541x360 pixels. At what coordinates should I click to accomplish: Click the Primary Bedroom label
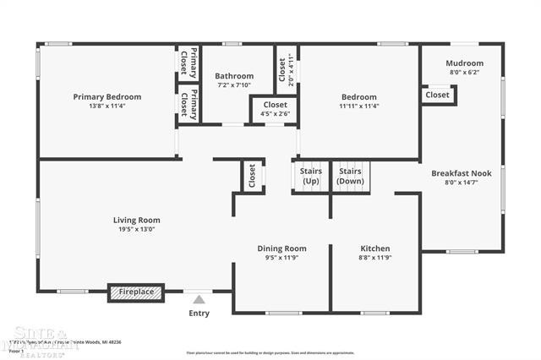[x=107, y=96]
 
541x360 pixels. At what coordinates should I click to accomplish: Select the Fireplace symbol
[x=136, y=292]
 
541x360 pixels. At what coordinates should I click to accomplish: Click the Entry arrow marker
[x=199, y=299]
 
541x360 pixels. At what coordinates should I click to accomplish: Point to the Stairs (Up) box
[x=310, y=176]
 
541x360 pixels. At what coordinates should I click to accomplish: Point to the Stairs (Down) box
[x=350, y=176]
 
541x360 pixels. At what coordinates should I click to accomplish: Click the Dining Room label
[x=281, y=248]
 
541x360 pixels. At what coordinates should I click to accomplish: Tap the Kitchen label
[x=374, y=248]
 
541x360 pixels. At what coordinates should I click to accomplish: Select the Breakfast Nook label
[x=462, y=172]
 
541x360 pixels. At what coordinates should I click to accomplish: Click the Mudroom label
[x=464, y=63]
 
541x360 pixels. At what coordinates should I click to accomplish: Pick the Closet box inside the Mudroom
[x=438, y=95]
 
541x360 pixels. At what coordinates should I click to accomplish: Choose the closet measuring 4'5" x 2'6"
[x=275, y=109]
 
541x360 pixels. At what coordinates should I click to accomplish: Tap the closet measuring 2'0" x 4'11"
[x=286, y=70]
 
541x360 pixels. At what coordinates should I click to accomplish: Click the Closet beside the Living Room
[x=251, y=176]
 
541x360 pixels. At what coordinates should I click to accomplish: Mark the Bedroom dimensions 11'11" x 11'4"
[x=359, y=106]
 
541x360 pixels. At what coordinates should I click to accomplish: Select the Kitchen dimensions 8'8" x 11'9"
[x=374, y=257]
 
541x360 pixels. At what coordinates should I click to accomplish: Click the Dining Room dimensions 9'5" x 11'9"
[x=281, y=257]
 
